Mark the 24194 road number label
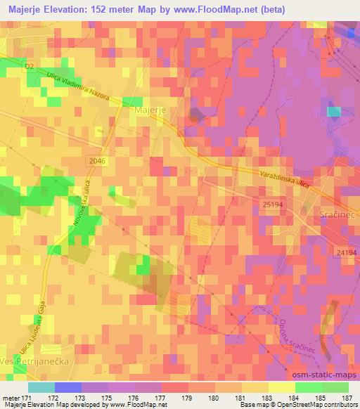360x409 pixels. pyautogui.click(x=347, y=250)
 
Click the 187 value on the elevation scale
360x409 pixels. pyautogui.click(x=347, y=398)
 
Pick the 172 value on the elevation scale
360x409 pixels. pyautogui.click(x=72, y=398)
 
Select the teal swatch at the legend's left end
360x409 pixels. pyautogui.click(x=40, y=387)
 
